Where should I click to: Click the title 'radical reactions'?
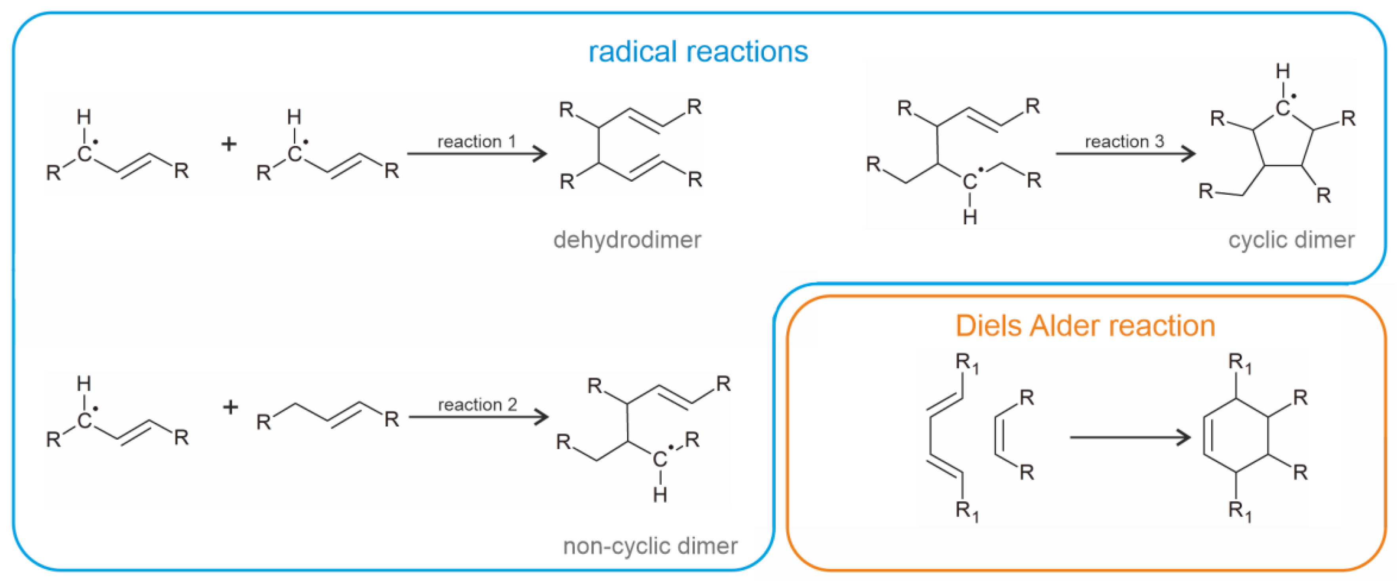[698, 52]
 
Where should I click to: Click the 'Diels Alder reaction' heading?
[1085, 326]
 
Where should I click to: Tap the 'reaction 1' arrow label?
[476, 141]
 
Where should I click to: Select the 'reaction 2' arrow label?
[477, 404]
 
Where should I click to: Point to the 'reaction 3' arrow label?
[1124, 141]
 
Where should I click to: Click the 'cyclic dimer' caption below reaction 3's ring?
[1291, 239]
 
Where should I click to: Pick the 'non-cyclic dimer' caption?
[650, 546]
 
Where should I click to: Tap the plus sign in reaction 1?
[229, 144]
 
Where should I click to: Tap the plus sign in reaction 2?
[231, 406]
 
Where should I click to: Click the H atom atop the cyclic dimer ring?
[1282, 71]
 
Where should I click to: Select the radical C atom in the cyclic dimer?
[1282, 108]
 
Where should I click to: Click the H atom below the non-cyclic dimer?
[660, 494]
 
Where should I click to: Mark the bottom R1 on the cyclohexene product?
[1240, 511]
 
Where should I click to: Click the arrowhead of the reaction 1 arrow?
[540, 154]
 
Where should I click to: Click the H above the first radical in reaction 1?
[84, 116]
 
